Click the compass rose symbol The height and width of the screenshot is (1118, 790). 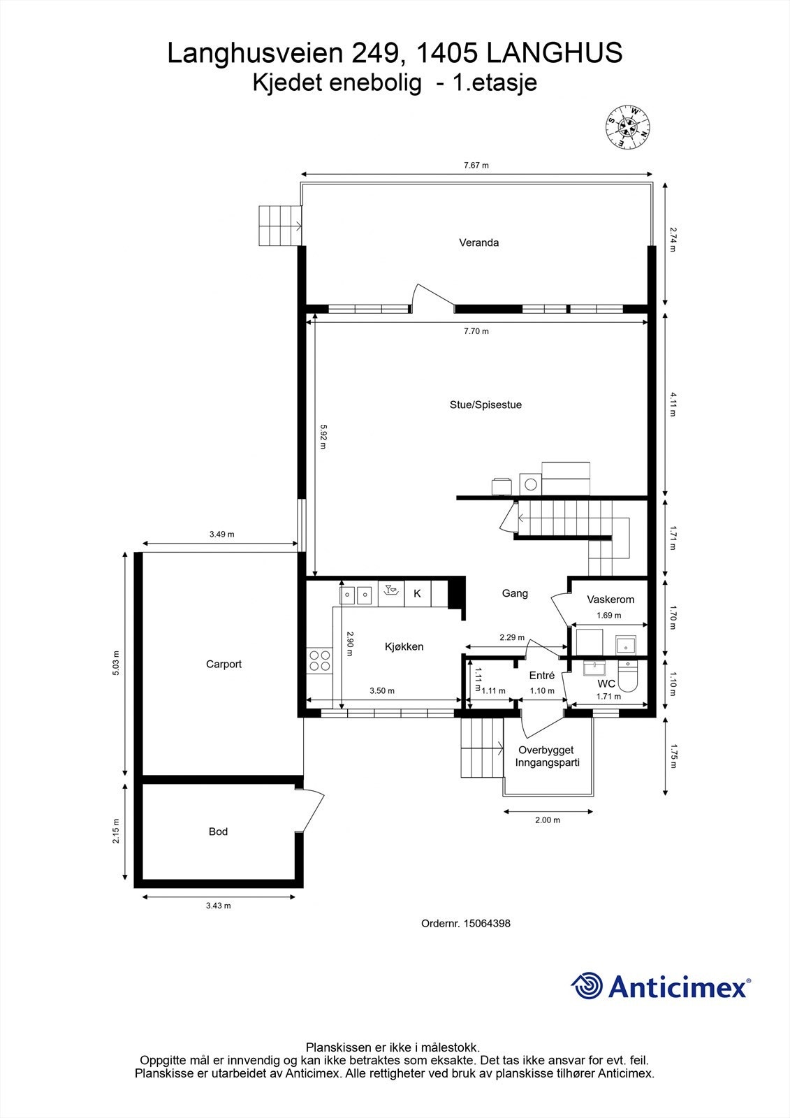pyautogui.click(x=627, y=126)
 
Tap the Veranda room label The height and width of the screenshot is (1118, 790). pyautogui.click(x=478, y=243)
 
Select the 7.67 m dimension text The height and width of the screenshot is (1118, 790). pyautogui.click(x=476, y=166)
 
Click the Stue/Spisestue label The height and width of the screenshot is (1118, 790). pyautogui.click(x=485, y=405)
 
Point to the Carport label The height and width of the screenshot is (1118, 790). pyautogui.click(x=224, y=664)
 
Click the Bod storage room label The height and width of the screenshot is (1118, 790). pyautogui.click(x=218, y=832)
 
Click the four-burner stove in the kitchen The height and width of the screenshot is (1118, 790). pyautogui.click(x=320, y=660)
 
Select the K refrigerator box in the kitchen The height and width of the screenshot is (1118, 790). pyautogui.click(x=418, y=593)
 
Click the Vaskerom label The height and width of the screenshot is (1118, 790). pyautogui.click(x=610, y=599)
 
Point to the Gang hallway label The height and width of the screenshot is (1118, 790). pyautogui.click(x=515, y=593)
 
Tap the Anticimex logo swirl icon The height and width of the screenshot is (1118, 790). pyautogui.click(x=587, y=986)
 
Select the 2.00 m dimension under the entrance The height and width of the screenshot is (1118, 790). pyautogui.click(x=548, y=820)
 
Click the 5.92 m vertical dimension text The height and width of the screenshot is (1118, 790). pyautogui.click(x=323, y=437)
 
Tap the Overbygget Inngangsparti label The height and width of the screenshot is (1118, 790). pyautogui.click(x=548, y=756)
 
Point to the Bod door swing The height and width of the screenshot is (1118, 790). pyautogui.click(x=313, y=811)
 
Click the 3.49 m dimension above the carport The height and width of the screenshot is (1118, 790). pyautogui.click(x=221, y=534)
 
